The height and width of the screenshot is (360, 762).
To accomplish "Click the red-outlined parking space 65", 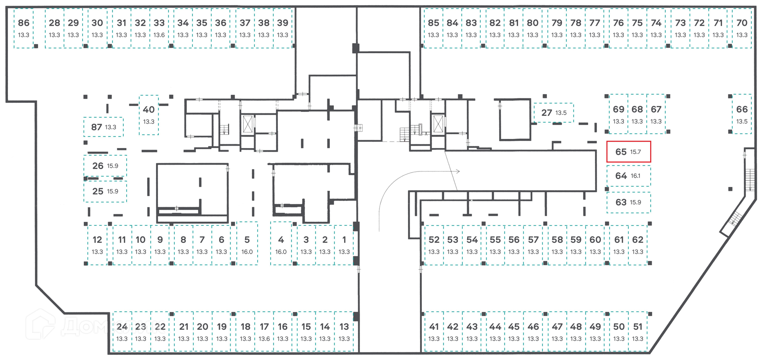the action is pos(629,152).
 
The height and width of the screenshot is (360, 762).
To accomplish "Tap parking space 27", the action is pos(554,113).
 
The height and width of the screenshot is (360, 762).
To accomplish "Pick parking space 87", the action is pos(104,127).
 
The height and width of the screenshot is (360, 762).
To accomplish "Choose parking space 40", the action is pos(149,115).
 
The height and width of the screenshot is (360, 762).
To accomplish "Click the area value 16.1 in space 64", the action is pos(635,176).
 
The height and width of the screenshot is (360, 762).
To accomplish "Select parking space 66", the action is pos(742,114).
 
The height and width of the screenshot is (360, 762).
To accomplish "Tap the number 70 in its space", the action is pos(742,23).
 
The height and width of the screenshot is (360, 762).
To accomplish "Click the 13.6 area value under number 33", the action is pos(159,35).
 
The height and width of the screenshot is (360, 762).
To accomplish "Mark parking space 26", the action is pos(105,166).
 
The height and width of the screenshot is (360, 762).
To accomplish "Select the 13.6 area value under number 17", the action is pos(264,339).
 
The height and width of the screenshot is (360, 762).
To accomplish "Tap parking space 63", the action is pos(629,202).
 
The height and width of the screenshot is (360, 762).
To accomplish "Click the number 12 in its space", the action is pos(97,240).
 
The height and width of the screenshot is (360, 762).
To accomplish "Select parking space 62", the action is pos(638,245).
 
